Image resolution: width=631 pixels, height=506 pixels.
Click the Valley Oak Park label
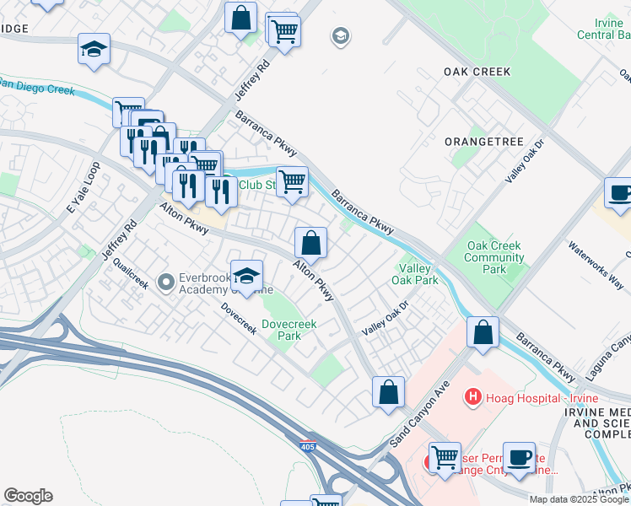415,273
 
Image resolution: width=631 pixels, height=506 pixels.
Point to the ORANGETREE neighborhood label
483,142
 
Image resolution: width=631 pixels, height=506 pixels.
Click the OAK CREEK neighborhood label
477,72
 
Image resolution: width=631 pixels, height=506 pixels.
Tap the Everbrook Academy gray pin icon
165,280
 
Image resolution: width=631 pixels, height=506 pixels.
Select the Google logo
28,496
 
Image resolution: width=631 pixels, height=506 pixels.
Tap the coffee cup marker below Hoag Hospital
519,457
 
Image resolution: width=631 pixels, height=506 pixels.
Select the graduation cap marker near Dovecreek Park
246,275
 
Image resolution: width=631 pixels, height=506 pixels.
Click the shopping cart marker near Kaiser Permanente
445,457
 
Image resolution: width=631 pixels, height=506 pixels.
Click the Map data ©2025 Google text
578,499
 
